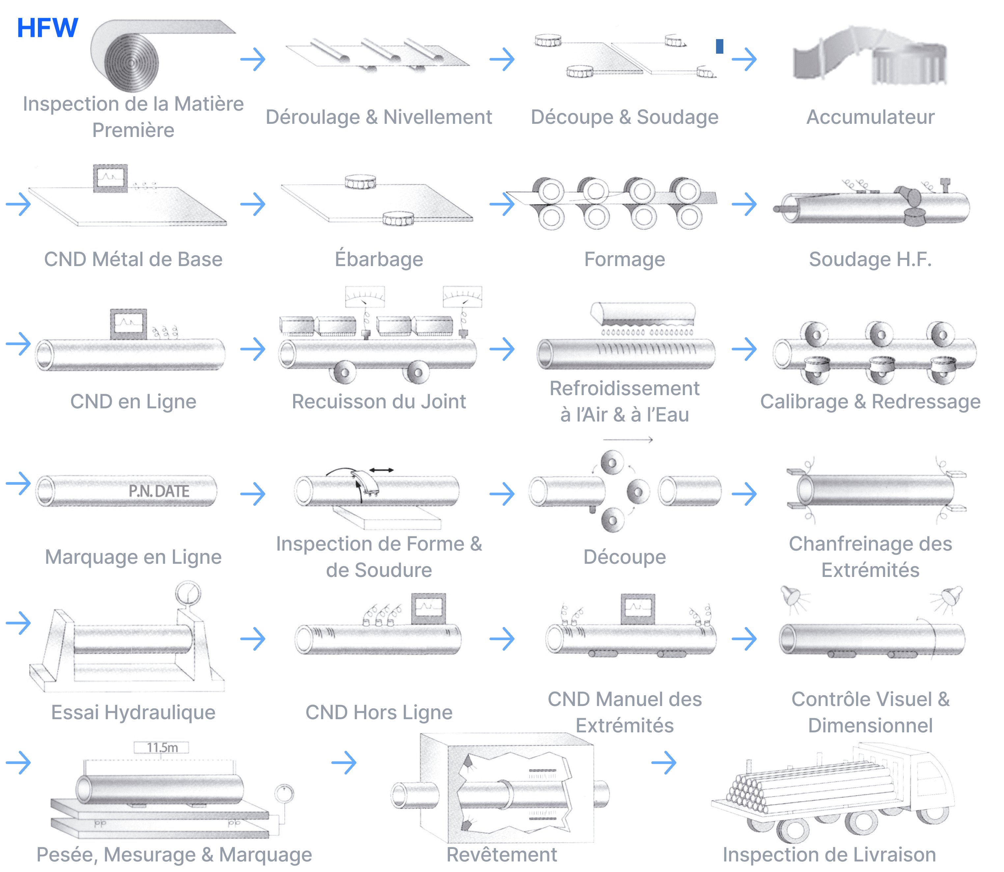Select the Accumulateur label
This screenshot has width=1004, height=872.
pyautogui.click(x=870, y=117)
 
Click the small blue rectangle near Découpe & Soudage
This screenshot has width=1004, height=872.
pyautogui.click(x=719, y=46)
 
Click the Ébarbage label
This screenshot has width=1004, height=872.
pyautogui.click(x=378, y=259)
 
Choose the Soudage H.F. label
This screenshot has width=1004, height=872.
pyautogui.click(x=870, y=259)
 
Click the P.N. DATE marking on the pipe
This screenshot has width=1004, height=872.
pyautogui.click(x=159, y=491)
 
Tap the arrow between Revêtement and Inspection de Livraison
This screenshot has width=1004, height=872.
pyautogui.click(x=664, y=763)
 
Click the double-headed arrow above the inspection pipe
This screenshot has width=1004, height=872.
pyautogui.click(x=381, y=470)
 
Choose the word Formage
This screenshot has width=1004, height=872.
pyautogui.click(x=625, y=259)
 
